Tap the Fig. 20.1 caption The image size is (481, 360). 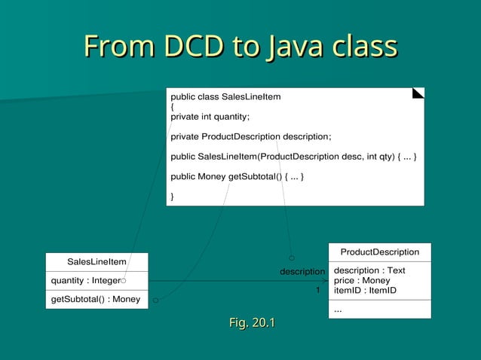point(252,323)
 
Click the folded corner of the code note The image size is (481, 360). point(418,93)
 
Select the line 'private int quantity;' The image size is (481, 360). point(210,117)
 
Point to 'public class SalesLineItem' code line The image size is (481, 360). point(225,97)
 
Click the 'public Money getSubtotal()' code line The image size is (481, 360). point(237,176)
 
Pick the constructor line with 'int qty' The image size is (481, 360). point(293,157)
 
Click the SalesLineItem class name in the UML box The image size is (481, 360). point(97,261)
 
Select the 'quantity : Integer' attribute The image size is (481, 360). point(85,280)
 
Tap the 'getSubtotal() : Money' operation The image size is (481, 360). point(96,299)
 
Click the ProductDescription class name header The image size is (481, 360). point(379,252)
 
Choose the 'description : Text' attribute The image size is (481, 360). point(369,270)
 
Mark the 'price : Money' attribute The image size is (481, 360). point(362,280)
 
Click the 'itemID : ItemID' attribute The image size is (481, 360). point(365,290)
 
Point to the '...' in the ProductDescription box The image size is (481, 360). point(338,308)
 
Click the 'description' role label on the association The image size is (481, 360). point(302,271)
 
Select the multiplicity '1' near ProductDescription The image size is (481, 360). point(317,290)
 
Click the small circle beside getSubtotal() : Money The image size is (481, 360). point(155,300)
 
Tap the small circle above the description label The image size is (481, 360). point(291,258)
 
